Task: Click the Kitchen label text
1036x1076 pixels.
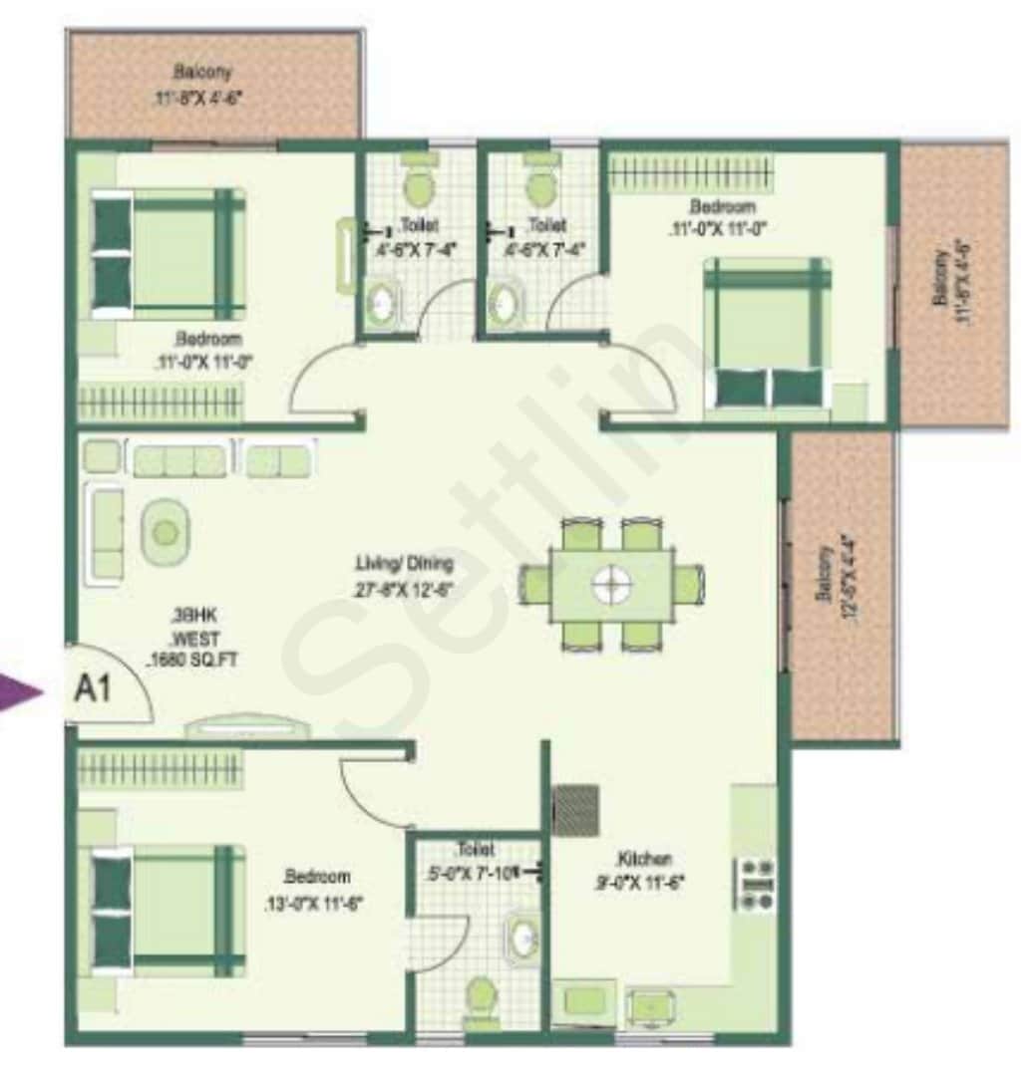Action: tap(643, 858)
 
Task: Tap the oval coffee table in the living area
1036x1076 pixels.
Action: tap(166, 532)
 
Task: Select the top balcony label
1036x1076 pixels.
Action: tap(202, 74)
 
